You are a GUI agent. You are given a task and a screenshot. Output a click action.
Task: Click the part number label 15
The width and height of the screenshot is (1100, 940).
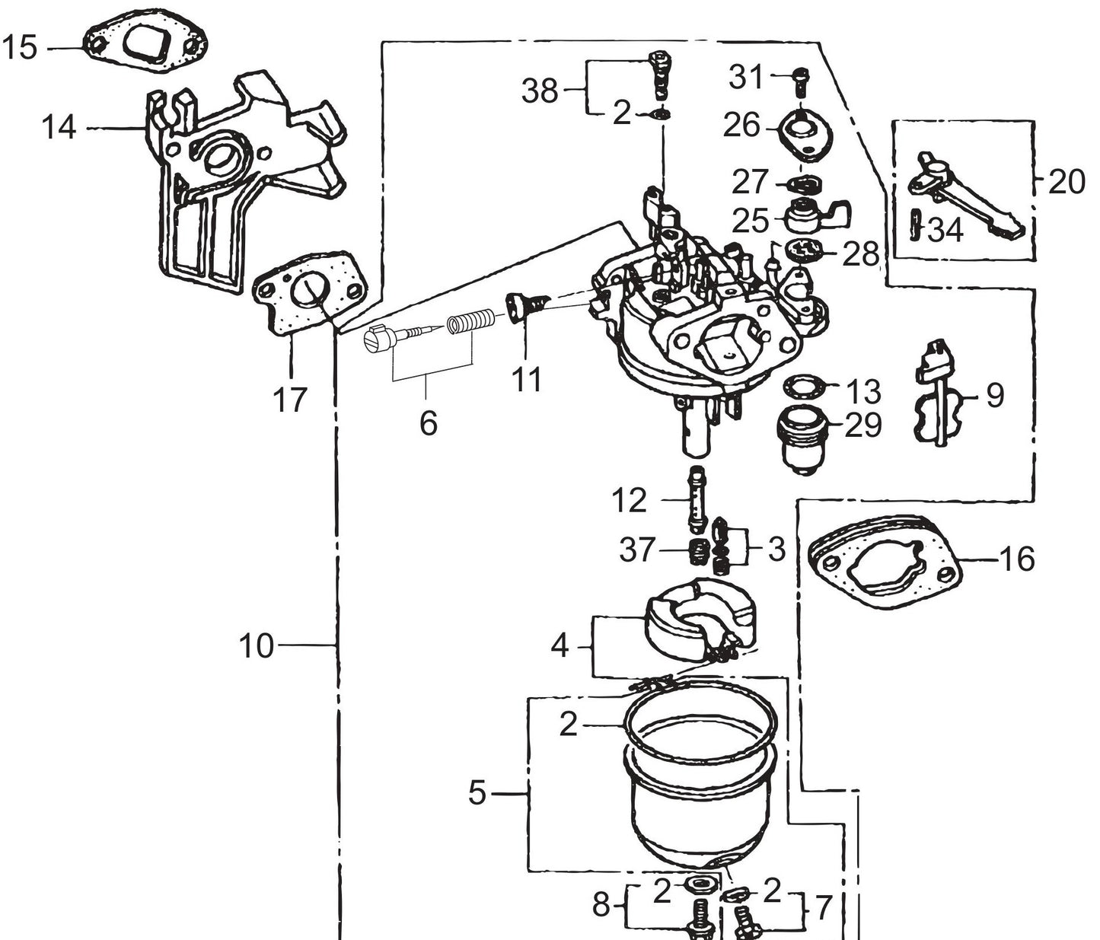pos(19,48)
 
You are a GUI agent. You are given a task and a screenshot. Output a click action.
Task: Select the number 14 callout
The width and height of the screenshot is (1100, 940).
pos(59,127)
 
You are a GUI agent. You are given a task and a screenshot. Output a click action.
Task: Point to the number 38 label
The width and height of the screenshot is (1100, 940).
pos(539,91)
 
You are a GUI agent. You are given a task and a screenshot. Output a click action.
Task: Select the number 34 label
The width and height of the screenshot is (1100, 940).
pos(945,230)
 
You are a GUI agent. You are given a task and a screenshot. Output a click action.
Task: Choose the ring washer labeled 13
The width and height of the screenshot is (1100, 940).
pos(806,387)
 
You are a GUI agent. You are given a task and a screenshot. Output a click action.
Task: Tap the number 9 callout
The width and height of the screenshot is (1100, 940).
pos(994,395)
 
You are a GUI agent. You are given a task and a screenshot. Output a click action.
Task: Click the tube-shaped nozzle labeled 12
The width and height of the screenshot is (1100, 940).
pos(694,499)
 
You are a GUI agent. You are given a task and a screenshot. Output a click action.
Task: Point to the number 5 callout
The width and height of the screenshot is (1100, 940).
pos(477,793)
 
